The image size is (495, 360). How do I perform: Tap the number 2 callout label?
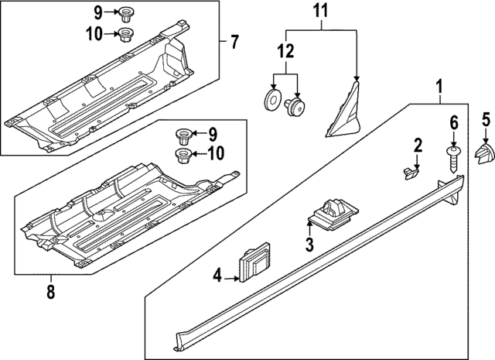pos(417,144)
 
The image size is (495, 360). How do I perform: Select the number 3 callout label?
pos(308,247)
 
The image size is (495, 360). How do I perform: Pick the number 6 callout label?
pos(454,122)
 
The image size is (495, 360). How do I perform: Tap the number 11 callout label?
pos(320,12)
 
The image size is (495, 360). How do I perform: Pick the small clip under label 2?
pos(408,170)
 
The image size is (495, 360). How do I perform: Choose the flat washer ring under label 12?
pos(273,101)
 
